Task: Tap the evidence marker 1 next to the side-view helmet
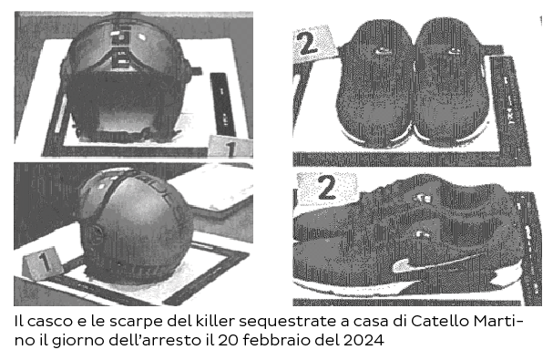coord(39,265)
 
